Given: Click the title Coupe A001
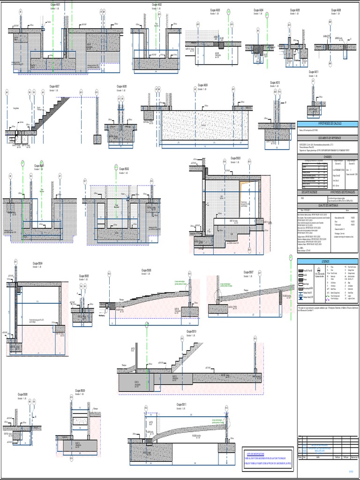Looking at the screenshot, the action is click(x=55, y=4).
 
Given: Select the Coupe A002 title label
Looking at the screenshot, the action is click(x=157, y=4).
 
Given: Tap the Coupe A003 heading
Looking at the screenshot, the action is click(x=215, y=9).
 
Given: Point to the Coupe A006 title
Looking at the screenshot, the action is click(x=336, y=9).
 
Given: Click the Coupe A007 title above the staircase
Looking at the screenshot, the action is click(x=54, y=86).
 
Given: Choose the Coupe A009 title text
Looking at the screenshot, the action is click(x=202, y=85).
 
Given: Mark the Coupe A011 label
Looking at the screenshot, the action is click(x=314, y=72).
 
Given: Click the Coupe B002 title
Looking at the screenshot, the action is click(x=124, y=169).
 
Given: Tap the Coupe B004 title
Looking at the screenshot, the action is click(x=37, y=263).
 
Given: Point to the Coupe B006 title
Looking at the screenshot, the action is click(x=146, y=270).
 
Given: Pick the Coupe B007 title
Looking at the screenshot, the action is click(x=248, y=272).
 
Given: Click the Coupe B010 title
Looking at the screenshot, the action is click(x=191, y=331).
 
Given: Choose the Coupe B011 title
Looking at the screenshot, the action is click(x=181, y=404).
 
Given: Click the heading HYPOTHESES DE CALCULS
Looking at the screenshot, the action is click(x=327, y=123).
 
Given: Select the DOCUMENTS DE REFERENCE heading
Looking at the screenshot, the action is click(x=327, y=138).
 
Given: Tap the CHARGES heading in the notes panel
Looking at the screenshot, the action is click(x=327, y=157).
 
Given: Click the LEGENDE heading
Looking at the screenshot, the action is click(x=327, y=261).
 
